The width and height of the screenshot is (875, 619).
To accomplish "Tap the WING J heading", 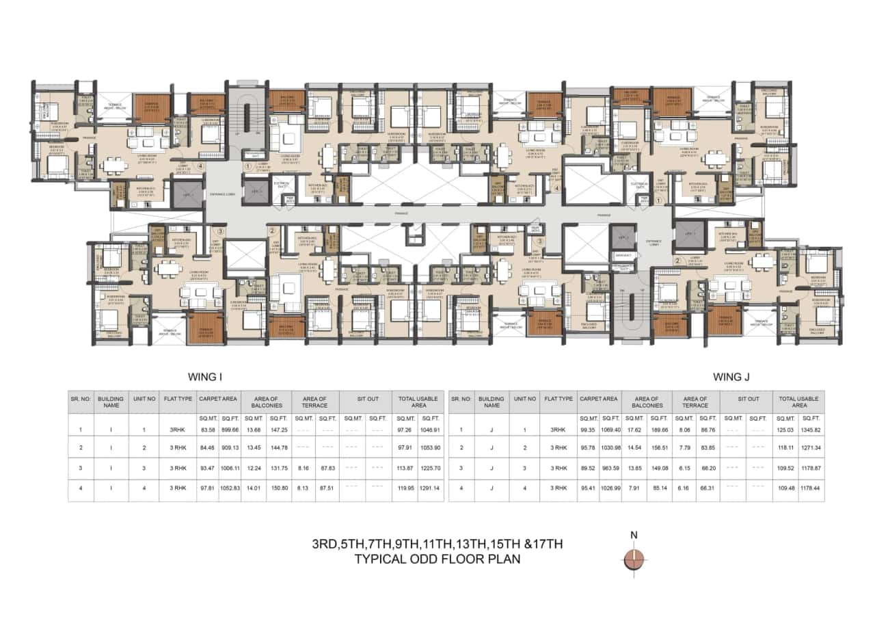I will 733,376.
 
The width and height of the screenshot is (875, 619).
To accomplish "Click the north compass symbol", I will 635,559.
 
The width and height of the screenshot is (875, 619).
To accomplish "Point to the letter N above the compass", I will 634,535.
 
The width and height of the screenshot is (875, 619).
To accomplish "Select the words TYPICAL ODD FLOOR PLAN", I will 437,559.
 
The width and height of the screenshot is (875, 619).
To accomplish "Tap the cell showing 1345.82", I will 811,430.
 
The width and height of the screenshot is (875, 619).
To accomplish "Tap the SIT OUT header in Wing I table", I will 367,398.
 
